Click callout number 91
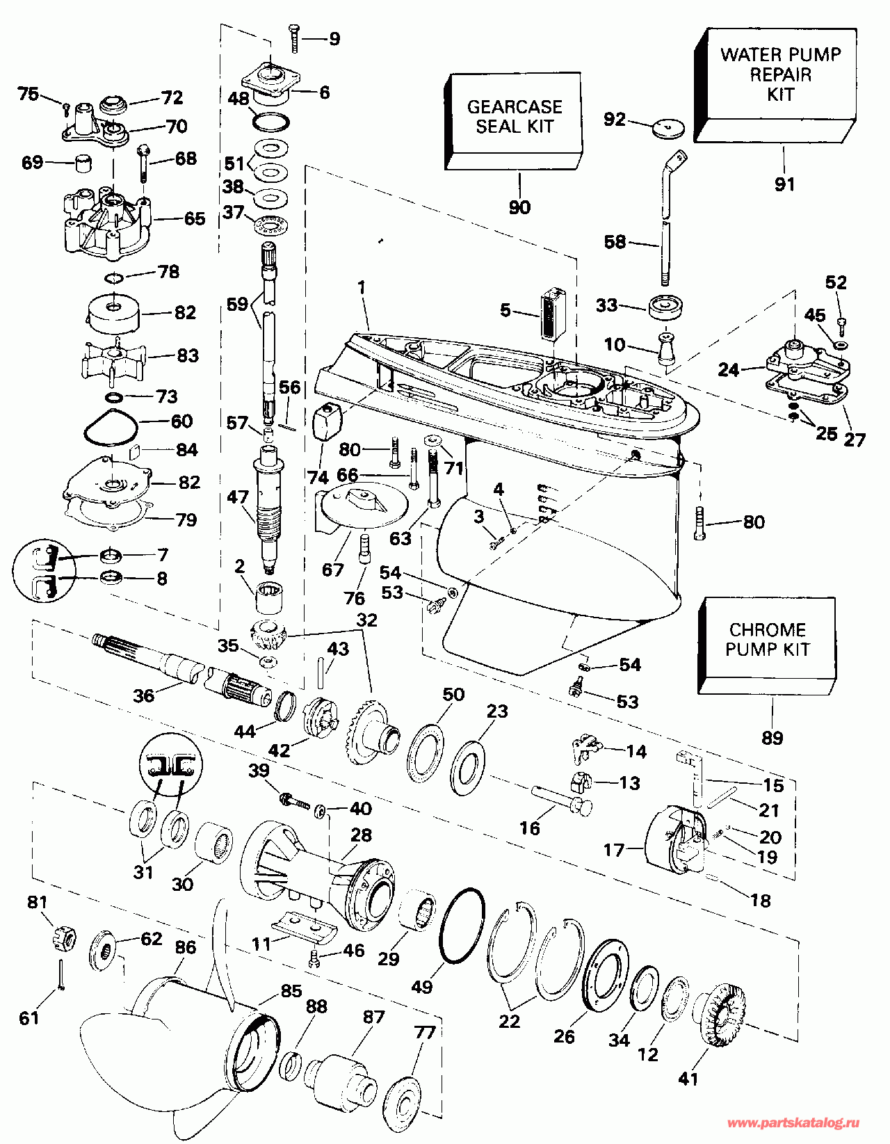784,184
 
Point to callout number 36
144,695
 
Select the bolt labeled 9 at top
293,38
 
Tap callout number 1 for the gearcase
361,287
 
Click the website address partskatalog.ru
792,1123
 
